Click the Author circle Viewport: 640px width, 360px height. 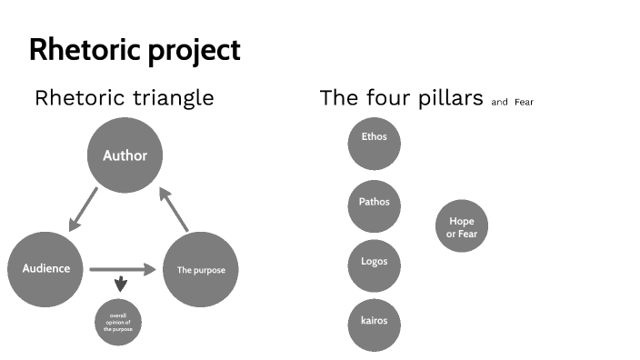tap(125, 155)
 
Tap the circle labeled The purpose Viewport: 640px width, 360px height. tap(200, 269)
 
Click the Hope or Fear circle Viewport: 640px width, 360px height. tap(461, 227)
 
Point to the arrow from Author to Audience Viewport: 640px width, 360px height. tap(83, 210)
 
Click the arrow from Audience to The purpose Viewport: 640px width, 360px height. tap(123, 269)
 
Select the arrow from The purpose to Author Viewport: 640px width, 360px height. tap(174, 208)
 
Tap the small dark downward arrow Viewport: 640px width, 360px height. tap(120, 285)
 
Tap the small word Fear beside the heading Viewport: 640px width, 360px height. tap(524, 103)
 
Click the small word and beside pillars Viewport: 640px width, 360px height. tap(499, 103)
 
